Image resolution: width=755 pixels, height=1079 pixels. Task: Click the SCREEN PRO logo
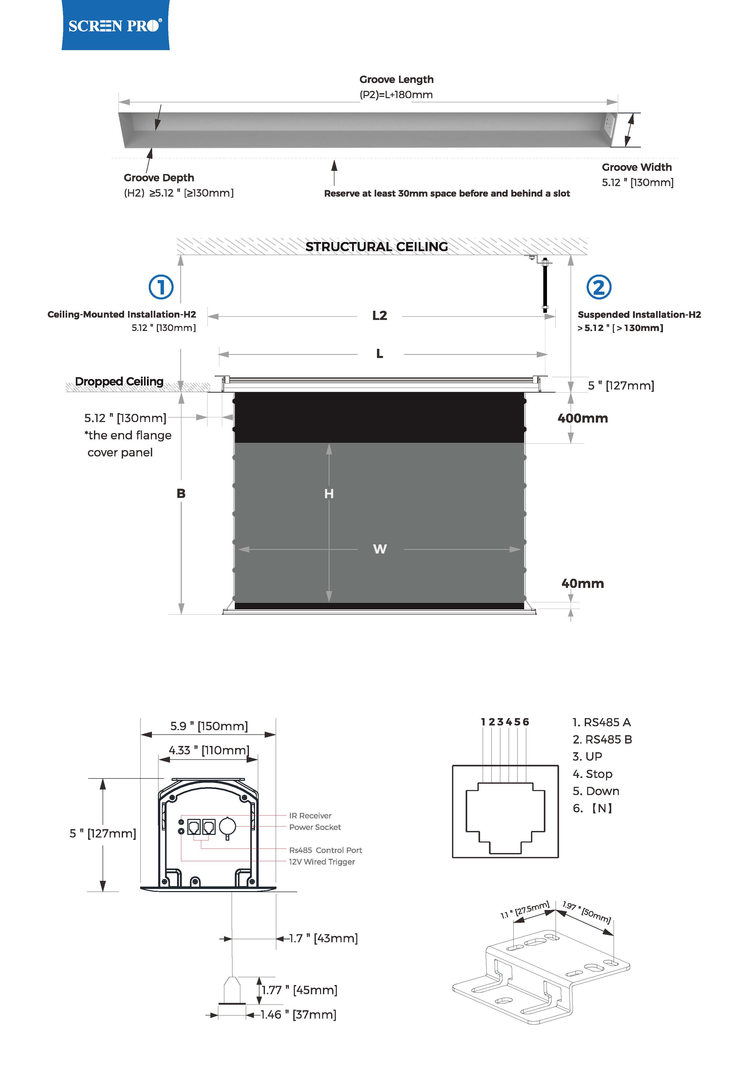point(115,25)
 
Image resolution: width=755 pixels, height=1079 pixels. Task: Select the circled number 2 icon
point(599,287)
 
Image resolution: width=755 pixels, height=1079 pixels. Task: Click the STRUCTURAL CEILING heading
point(376,247)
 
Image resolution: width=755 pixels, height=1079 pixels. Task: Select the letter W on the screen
point(380,549)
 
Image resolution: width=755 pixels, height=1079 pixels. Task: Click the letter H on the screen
point(329,493)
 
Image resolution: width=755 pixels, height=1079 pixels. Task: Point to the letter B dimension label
point(181,493)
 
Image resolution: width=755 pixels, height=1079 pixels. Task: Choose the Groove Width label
point(637,167)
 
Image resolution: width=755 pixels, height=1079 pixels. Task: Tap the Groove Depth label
point(159,178)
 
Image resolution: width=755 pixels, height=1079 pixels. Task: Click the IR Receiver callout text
point(310,815)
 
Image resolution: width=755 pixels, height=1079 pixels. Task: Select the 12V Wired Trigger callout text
point(322,861)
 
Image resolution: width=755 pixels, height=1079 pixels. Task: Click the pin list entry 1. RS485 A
point(601,722)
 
